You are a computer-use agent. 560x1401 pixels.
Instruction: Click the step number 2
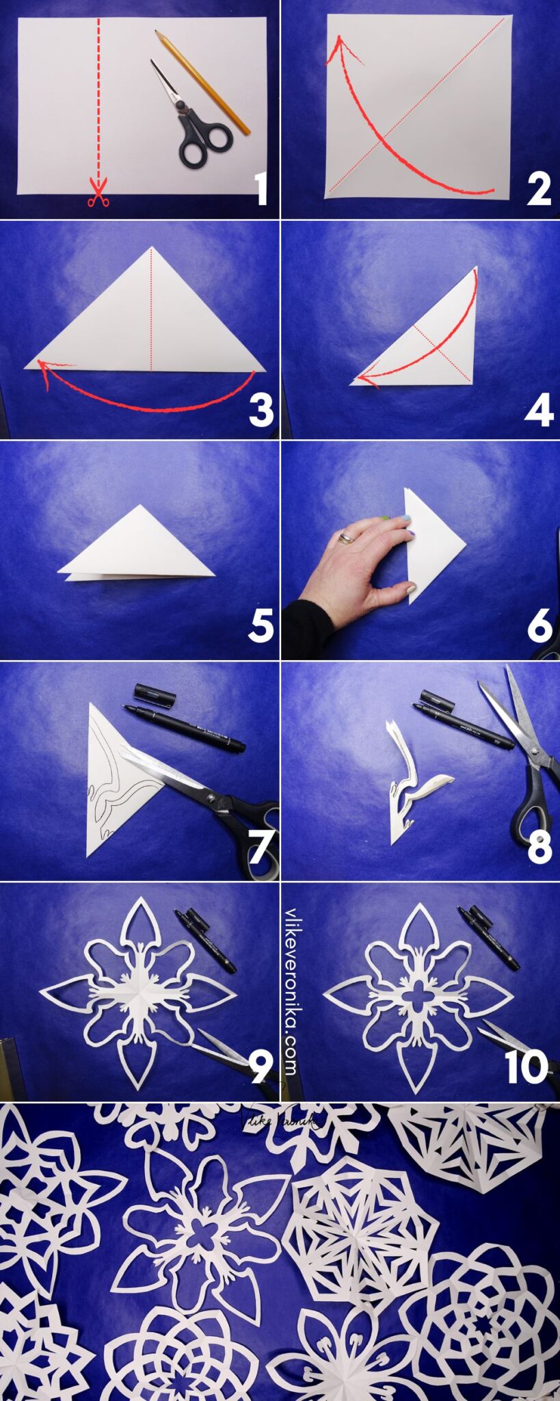pos(538,189)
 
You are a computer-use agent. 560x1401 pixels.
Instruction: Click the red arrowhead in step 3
pos(43,369)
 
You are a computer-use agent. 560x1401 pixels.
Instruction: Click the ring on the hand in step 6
pos(347,539)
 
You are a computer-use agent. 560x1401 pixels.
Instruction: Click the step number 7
pos(260,848)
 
